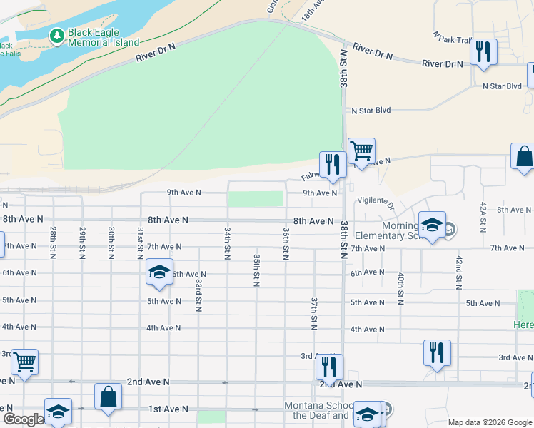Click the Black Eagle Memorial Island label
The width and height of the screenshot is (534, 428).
click(104, 37)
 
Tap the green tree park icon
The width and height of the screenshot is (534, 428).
click(56, 34)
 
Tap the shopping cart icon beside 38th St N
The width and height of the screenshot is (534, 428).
click(361, 151)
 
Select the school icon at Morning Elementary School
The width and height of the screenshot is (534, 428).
click(432, 225)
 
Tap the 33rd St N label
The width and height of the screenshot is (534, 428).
click(198, 295)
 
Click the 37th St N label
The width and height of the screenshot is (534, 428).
click(313, 314)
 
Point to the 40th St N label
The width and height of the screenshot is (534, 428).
click(401, 288)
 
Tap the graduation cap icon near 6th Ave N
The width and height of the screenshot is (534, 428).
click(159, 272)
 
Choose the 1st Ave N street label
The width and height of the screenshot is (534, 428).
click(168, 409)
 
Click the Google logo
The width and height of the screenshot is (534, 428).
click(24, 419)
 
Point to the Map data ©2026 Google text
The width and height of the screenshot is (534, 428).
click(489, 422)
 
